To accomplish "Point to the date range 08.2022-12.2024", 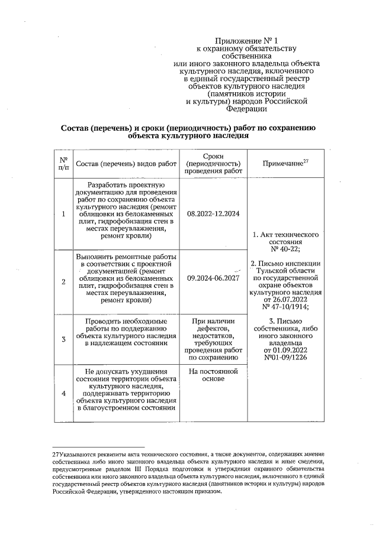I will (x=213, y=213).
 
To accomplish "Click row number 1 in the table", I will (x=63, y=213).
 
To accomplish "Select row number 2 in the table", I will (x=63, y=281).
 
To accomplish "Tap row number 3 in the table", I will (x=63, y=339).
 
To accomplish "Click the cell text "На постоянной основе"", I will (x=213, y=376).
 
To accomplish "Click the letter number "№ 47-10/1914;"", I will (x=286, y=307).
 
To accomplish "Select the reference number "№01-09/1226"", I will (x=286, y=357).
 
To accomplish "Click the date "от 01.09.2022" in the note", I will (x=286, y=350).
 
